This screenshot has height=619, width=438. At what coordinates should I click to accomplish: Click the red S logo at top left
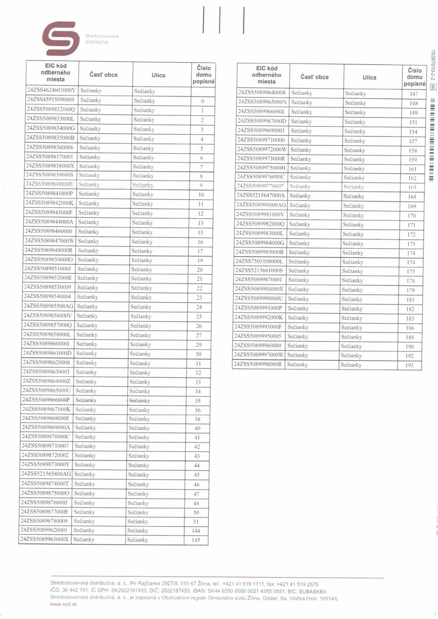pyautogui.click(x=61, y=38)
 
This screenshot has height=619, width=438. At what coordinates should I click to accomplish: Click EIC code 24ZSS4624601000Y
pyautogui.click(x=51, y=90)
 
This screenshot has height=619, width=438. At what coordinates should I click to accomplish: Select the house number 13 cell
pyautogui.click(x=200, y=223)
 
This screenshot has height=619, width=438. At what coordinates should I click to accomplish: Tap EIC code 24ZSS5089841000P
pyautogui.click(x=49, y=194)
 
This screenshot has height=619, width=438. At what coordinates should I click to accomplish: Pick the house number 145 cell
pyautogui.click(x=196, y=540)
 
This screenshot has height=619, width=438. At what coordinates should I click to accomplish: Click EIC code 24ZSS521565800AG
pyautogui.click(x=46, y=474)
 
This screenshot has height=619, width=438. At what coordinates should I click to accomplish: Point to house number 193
pyautogui.click(x=409, y=365)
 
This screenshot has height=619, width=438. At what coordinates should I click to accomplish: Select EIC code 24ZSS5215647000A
pyautogui.click(x=261, y=196)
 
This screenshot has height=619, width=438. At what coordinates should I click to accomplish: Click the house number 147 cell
pyautogui.click(x=414, y=94)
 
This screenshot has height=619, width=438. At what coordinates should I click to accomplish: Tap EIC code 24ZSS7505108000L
pyautogui.click(x=259, y=261)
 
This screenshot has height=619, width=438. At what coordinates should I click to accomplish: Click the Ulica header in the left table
pyautogui.click(x=158, y=75)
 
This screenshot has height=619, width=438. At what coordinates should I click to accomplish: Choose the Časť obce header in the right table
pyautogui.click(x=314, y=77)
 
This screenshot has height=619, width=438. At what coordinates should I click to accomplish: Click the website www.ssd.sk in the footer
pyautogui.click(x=63, y=604)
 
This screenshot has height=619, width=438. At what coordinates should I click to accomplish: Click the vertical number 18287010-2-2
pyautogui.click(x=433, y=65)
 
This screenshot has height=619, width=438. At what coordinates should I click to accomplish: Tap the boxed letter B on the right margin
pyautogui.click(x=433, y=87)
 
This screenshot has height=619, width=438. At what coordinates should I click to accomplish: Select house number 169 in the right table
pyautogui.click(x=412, y=206)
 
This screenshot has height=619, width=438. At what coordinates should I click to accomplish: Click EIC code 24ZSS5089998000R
pyautogui.click(x=258, y=364)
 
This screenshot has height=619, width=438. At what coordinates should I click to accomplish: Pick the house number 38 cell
pyautogui.click(x=198, y=419)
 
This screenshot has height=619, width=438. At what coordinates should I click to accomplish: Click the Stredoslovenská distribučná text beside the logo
pyautogui.click(x=102, y=39)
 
